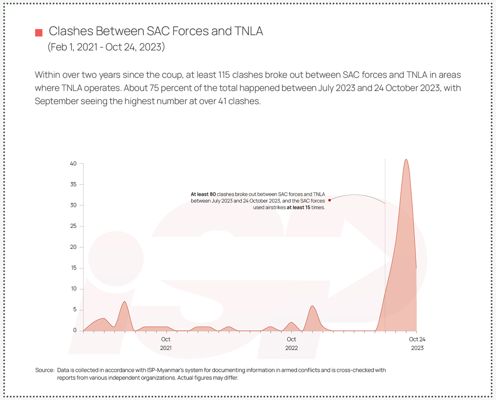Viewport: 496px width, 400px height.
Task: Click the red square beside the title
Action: pyautogui.click(x=39, y=33)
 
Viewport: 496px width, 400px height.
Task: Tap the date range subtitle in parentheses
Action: pyautogui.click(x=106, y=46)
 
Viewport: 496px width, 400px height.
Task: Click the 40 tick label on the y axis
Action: pyautogui.click(x=73, y=164)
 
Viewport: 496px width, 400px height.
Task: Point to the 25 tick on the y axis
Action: pyautogui.click(x=73, y=226)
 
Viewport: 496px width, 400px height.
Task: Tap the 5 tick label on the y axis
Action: pyautogui.click(x=75, y=310)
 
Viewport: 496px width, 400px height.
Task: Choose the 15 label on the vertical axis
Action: pyautogui.click(x=73, y=268)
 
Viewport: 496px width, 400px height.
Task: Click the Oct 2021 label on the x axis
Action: pyautogui.click(x=166, y=343)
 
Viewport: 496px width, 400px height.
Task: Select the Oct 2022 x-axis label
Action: pyautogui.click(x=291, y=343)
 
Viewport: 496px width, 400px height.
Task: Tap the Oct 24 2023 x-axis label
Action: pyautogui.click(x=417, y=343)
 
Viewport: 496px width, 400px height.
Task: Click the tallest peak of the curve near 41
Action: pyautogui.click(x=406, y=160)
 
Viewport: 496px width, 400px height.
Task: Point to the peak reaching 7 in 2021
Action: pyautogui.click(x=125, y=302)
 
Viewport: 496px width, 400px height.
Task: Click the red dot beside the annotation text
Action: pyautogui.click(x=330, y=200)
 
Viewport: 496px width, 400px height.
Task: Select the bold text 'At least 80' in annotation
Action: pyautogui.click(x=203, y=194)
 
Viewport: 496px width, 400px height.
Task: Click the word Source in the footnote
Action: pyautogui.click(x=44, y=370)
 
